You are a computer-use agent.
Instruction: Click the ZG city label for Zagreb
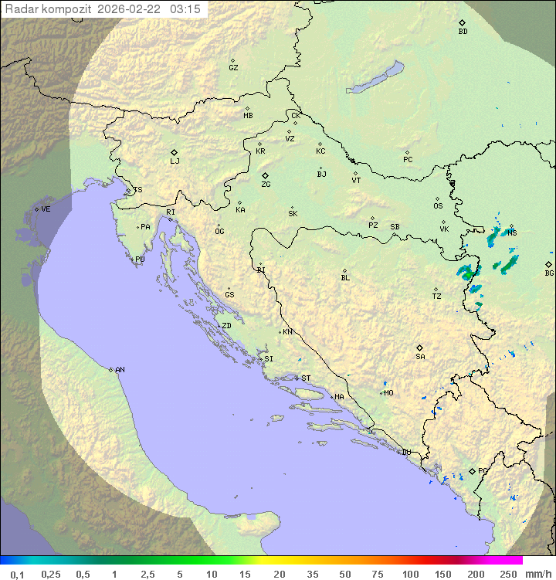(266, 185)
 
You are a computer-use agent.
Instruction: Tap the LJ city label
(175, 161)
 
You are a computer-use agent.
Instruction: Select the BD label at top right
(463, 32)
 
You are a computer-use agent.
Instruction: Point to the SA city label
(420, 356)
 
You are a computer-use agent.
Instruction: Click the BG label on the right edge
(549, 273)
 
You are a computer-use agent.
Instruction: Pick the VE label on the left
(46, 209)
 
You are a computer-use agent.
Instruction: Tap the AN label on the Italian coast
(120, 370)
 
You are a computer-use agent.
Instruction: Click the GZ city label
(233, 67)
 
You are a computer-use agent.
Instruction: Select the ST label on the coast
(306, 378)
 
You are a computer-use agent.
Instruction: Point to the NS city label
(512, 232)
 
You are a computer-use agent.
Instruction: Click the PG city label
(483, 470)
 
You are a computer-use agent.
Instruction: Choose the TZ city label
(437, 296)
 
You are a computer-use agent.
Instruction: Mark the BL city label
(345, 277)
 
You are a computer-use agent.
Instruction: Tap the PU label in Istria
(140, 259)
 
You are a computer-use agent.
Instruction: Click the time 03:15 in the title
(185, 9)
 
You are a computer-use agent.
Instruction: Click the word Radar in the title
(21, 9)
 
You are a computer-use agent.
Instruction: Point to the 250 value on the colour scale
(508, 574)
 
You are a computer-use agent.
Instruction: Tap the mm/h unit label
(537, 574)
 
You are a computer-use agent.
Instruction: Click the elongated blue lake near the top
(375, 78)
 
